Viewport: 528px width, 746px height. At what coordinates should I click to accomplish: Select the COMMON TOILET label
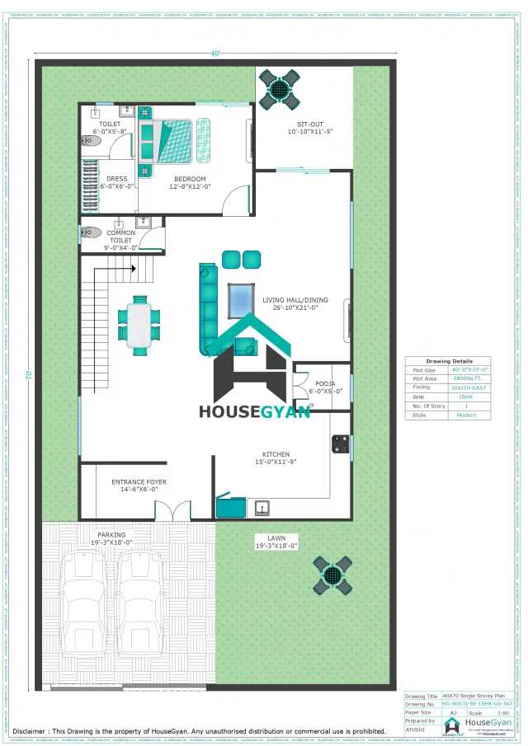pos(120,240)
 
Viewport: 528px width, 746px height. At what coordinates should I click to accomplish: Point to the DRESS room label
pos(116,182)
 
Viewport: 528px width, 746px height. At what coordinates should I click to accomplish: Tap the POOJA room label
pos(325,387)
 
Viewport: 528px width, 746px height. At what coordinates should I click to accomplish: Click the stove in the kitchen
pos(338,444)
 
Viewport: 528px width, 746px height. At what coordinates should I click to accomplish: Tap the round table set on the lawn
pos(332,575)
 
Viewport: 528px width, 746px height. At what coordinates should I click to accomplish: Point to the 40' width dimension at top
pos(215,54)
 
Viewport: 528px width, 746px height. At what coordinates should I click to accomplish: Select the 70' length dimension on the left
pos(27,374)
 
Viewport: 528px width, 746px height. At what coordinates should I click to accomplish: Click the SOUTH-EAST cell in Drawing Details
pos(466,386)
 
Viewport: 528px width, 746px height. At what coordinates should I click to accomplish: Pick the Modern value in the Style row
pos(466,415)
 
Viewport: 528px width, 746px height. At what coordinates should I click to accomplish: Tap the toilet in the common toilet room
pos(92,233)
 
